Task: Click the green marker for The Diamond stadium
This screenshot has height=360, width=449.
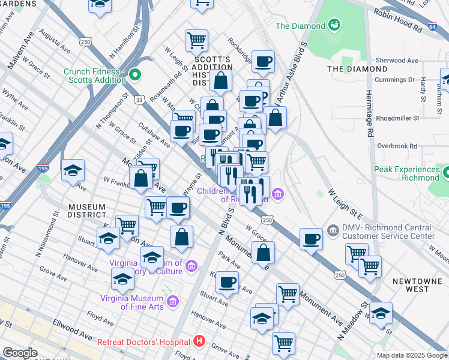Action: (x=334, y=25)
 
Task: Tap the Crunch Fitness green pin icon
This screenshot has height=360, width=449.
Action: (x=135, y=75)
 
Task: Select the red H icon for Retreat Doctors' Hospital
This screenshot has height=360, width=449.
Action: (x=199, y=342)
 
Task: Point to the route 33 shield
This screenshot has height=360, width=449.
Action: (x=139, y=100)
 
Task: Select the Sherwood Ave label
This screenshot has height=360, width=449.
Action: (x=396, y=61)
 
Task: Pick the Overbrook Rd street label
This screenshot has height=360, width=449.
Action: (x=396, y=146)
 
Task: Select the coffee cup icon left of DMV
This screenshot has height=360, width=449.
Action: (x=311, y=238)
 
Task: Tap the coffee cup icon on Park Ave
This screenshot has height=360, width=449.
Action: (x=226, y=282)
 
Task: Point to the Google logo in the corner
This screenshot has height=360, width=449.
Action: (x=20, y=353)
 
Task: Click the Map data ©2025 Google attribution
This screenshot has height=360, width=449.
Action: (x=411, y=355)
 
